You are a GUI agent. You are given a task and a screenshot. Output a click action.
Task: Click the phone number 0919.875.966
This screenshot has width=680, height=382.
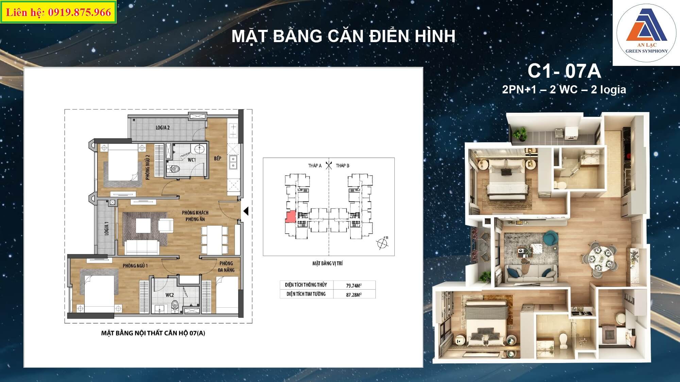(80, 13)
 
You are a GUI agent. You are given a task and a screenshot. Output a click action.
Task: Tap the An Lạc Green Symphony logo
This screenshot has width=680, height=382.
(646, 33)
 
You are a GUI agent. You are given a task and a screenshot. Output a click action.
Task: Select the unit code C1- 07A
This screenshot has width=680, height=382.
(564, 71)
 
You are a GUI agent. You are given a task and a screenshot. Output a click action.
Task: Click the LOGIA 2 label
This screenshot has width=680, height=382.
(163, 128)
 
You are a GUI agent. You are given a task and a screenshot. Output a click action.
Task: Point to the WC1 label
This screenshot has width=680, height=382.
(192, 160)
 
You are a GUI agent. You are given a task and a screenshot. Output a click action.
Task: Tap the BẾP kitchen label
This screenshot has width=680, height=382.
(218, 158)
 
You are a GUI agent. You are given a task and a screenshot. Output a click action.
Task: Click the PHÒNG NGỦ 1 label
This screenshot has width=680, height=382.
(135, 266)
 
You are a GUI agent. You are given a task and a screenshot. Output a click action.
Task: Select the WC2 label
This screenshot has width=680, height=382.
(170, 295)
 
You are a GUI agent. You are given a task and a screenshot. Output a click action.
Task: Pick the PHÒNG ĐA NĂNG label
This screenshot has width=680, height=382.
(226, 267)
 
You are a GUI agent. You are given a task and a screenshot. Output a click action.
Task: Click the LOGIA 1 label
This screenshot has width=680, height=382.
(106, 228)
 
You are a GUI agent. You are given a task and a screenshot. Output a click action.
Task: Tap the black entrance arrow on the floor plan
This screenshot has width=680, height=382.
(246, 211)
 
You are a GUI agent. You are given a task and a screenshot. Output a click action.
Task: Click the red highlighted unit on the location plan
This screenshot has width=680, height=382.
(290, 217)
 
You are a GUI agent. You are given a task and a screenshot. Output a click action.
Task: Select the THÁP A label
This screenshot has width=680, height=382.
(315, 166)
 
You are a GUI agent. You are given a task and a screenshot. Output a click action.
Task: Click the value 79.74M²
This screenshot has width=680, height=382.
(354, 286)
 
